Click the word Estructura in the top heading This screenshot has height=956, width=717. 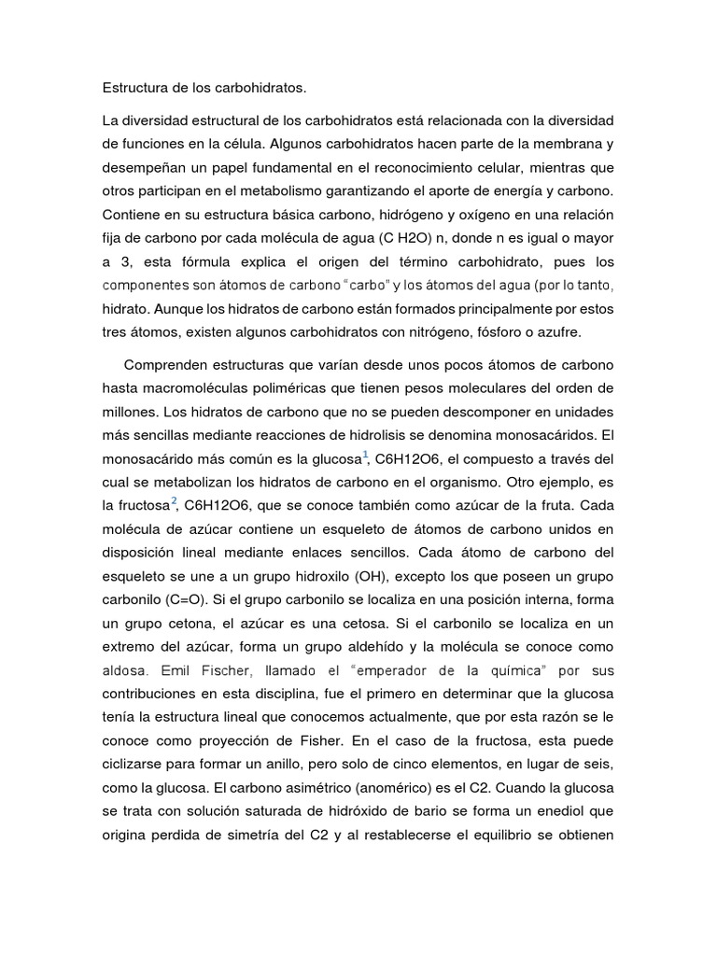(x=135, y=89)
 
